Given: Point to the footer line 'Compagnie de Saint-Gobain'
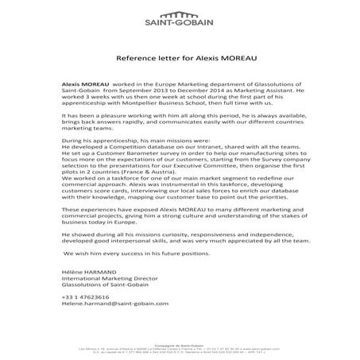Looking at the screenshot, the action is tap(180, 345).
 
